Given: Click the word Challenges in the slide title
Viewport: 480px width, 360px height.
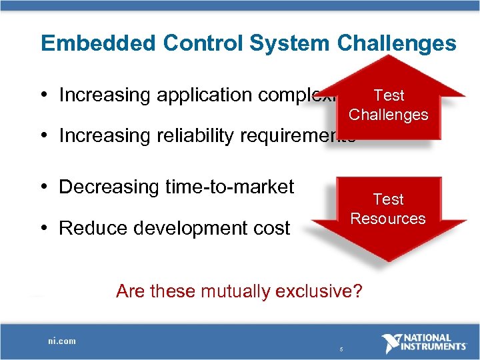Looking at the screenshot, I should click(397, 44).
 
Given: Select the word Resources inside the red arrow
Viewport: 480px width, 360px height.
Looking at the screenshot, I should click(388, 219).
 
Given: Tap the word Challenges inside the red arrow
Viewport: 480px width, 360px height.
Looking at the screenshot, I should click(388, 115).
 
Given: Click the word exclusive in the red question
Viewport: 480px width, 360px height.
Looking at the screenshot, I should click(317, 291).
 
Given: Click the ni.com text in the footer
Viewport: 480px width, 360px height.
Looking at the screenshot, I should click(62, 341).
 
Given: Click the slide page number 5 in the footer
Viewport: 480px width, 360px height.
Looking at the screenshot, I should click(341, 349).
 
